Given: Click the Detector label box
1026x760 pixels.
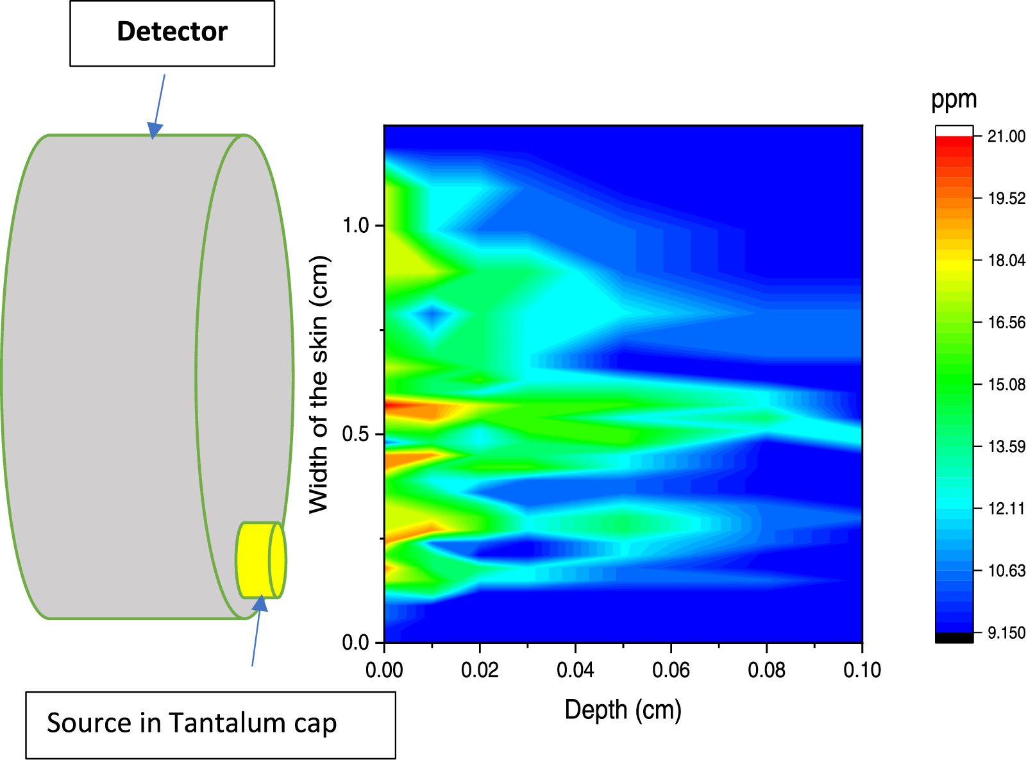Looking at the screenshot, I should pyautogui.click(x=172, y=33).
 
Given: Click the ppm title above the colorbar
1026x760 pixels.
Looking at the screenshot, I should pyautogui.click(x=954, y=100).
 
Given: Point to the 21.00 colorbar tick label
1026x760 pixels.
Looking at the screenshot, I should pyautogui.click(x=1005, y=136).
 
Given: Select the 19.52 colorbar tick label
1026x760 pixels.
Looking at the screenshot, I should pyautogui.click(x=1005, y=198).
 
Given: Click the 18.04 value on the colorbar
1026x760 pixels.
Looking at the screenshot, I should pyautogui.click(x=1005, y=260).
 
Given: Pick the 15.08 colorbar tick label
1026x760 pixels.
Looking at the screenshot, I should pyautogui.click(x=1005, y=385).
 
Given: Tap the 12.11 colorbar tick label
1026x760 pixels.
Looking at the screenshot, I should pyautogui.click(x=1005, y=509).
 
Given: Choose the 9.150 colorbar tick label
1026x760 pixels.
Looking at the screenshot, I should pyautogui.click(x=1005, y=633).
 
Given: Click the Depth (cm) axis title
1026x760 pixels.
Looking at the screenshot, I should pyautogui.click(x=623, y=710).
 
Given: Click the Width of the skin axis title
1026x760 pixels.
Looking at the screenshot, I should pyautogui.click(x=319, y=385).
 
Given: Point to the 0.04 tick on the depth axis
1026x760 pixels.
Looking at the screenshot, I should pyautogui.click(x=575, y=670).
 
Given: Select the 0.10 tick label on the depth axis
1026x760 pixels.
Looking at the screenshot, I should pyautogui.click(x=862, y=670).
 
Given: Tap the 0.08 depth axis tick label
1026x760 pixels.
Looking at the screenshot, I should pyautogui.click(x=766, y=670).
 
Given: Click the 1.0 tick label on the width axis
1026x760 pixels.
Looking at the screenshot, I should pyautogui.click(x=355, y=226).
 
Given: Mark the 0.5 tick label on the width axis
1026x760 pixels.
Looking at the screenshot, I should pyautogui.click(x=355, y=434).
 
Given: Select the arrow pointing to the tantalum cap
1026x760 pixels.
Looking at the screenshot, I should pyautogui.click(x=256, y=632).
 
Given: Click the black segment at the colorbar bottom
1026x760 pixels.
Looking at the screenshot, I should pyautogui.click(x=954, y=638).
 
